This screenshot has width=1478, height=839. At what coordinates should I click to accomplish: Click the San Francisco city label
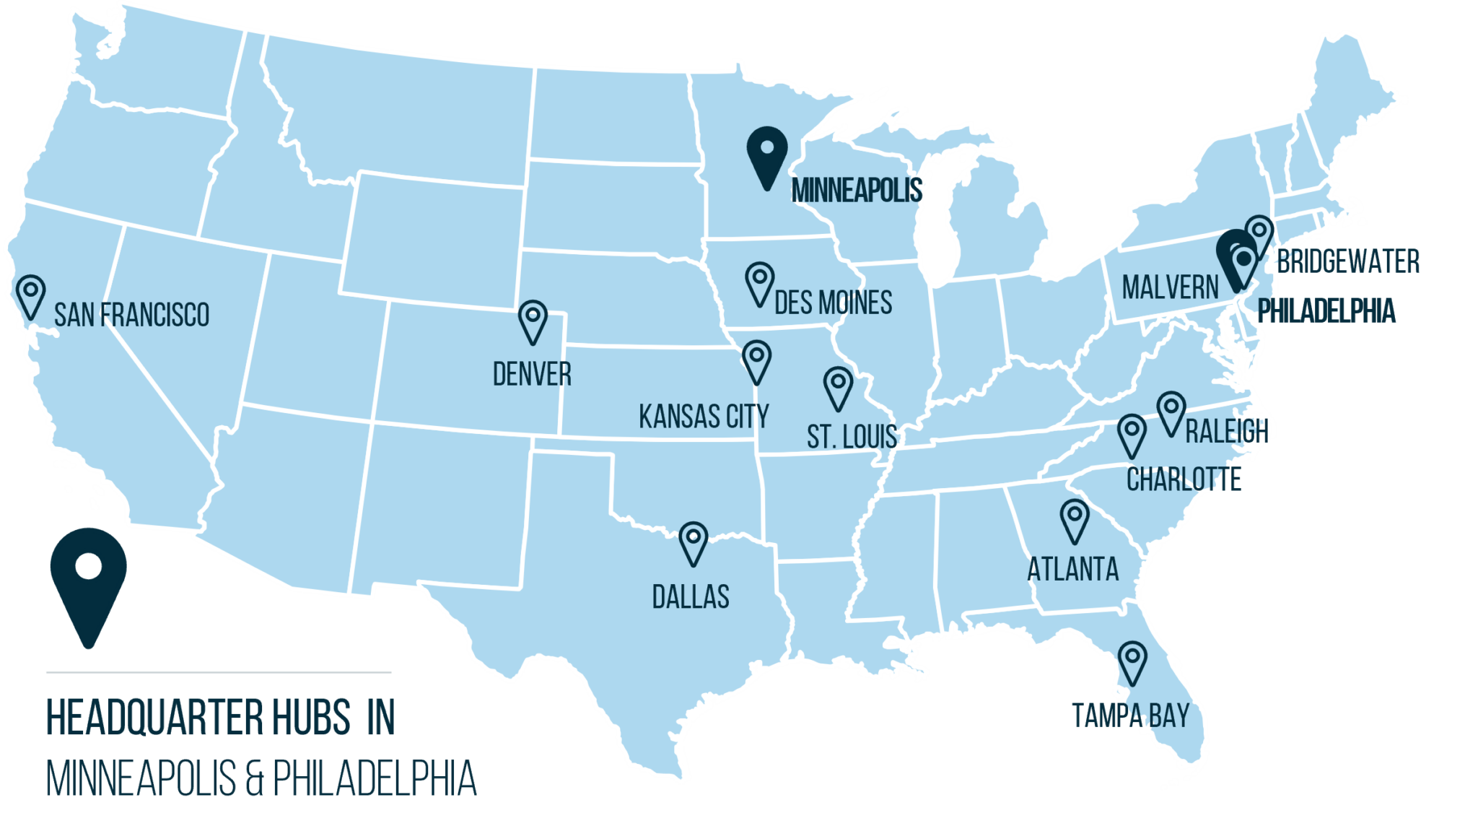click(x=131, y=316)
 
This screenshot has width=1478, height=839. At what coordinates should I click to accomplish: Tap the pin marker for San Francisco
click(x=31, y=295)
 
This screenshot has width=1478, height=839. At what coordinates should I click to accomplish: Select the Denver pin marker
click(x=533, y=320)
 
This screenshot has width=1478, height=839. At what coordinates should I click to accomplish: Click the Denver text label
click(x=532, y=375)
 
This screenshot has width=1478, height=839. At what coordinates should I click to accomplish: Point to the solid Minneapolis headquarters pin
click(x=767, y=154)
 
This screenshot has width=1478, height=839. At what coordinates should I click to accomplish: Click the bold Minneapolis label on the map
click(x=857, y=191)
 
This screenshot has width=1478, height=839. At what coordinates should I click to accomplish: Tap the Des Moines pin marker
click(x=760, y=282)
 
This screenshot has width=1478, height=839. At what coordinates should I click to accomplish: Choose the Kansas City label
click(x=704, y=417)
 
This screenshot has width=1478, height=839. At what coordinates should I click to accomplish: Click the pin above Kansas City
click(x=757, y=360)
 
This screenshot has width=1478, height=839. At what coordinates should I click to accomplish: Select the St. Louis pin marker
click(x=839, y=386)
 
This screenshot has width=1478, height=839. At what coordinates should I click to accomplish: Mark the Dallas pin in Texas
click(x=694, y=542)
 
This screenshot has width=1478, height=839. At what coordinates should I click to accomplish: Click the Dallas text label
click(x=691, y=597)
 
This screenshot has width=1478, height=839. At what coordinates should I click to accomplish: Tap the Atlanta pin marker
click(x=1075, y=519)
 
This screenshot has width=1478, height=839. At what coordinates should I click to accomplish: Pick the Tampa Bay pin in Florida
click(x=1132, y=661)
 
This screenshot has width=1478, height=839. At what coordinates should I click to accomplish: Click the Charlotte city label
click(x=1184, y=479)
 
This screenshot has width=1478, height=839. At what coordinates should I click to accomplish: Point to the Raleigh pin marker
click(x=1171, y=412)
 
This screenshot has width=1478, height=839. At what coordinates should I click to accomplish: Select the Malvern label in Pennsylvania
click(x=1170, y=288)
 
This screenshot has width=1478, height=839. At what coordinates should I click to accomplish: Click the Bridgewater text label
click(x=1348, y=261)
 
